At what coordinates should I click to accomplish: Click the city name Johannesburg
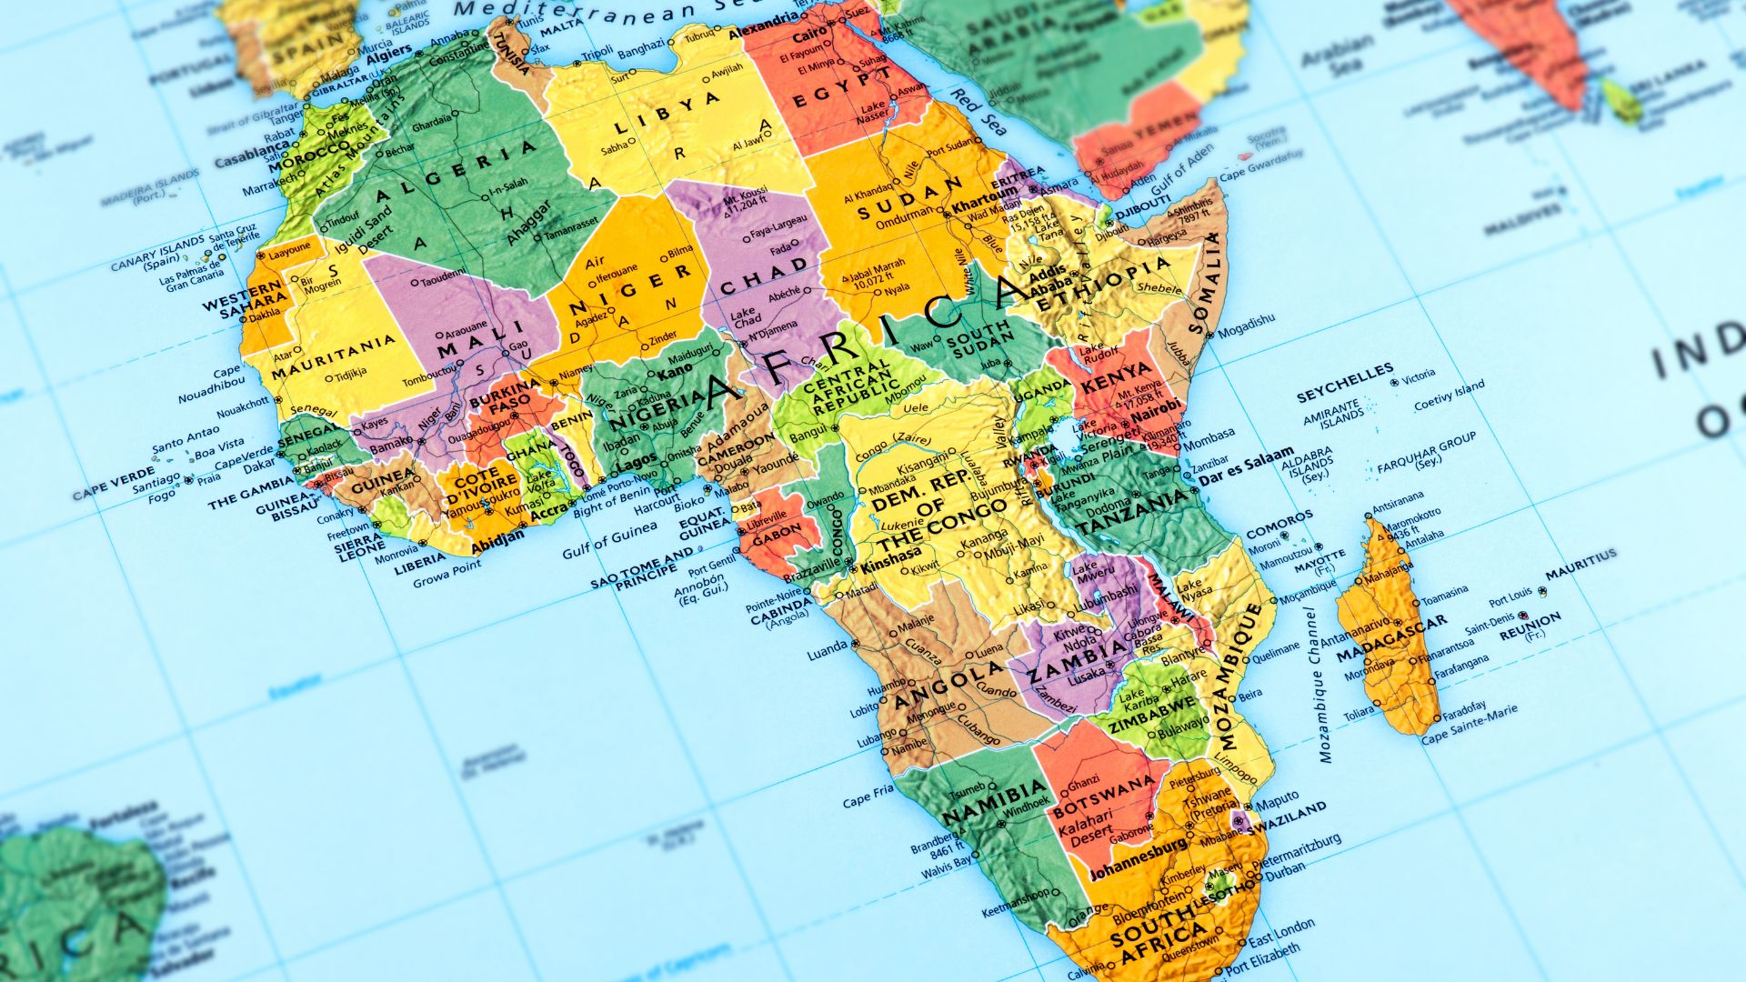pyautogui.click(x=1138, y=858)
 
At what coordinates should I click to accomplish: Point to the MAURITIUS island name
pyautogui.click(x=1581, y=563)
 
